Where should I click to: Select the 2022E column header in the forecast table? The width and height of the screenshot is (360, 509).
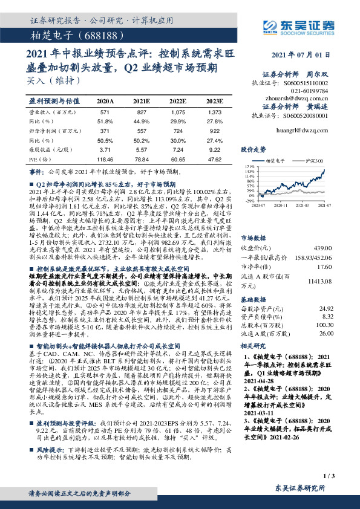click(178, 101)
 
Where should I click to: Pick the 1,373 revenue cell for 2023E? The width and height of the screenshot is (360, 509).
click(215, 112)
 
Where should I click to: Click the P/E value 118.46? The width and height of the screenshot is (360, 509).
click(105, 160)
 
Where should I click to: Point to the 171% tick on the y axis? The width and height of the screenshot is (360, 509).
click(250, 166)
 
